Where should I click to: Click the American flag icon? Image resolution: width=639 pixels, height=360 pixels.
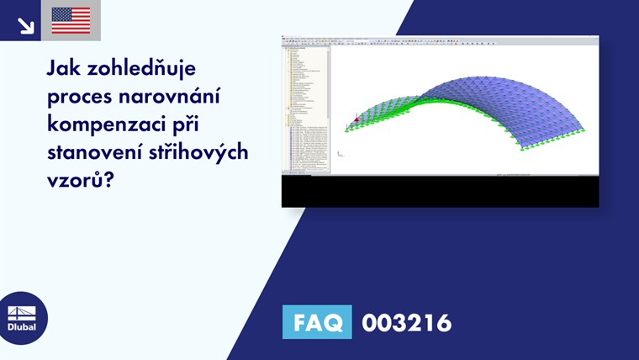(71, 20)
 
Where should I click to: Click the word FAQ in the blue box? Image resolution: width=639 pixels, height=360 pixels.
(318, 322)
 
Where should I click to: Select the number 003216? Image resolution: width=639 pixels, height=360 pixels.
(406, 322)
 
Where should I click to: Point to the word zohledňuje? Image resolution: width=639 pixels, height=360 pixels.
(148, 68)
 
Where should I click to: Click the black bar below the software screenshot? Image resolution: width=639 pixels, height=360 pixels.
(440, 193)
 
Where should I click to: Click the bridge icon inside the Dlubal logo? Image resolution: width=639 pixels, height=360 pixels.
(22, 310)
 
